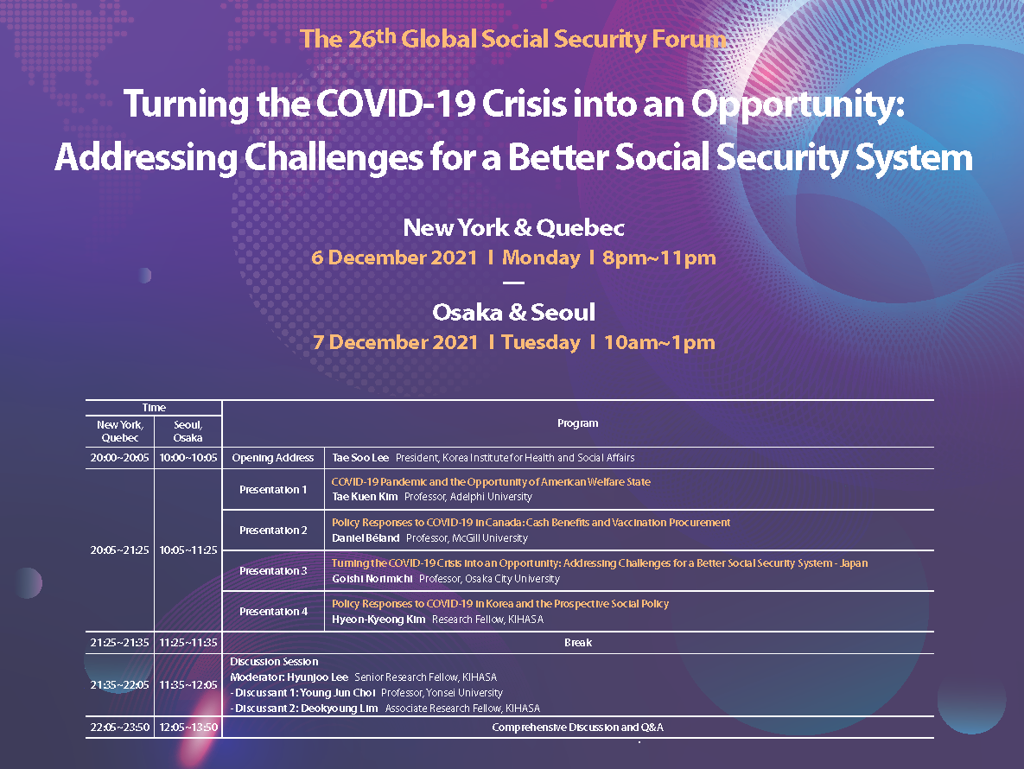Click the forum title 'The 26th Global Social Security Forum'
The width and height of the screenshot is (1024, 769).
pyautogui.click(x=512, y=39)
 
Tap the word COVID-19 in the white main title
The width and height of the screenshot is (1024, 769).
pyautogui.click(x=395, y=104)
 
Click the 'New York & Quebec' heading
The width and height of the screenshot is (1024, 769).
pyautogui.click(x=513, y=228)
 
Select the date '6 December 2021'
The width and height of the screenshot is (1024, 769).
pyautogui.click(x=394, y=257)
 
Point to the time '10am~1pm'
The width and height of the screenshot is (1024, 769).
pyautogui.click(x=659, y=342)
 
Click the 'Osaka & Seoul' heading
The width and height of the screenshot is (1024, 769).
pyautogui.click(x=513, y=312)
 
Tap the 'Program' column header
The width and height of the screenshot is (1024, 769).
pyautogui.click(x=577, y=423)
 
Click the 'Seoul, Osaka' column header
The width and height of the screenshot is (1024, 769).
pyautogui.click(x=188, y=431)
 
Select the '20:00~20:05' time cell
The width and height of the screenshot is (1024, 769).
pyautogui.click(x=119, y=458)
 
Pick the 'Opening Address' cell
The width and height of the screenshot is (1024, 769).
pyautogui.click(x=273, y=458)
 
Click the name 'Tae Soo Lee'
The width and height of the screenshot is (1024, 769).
pyautogui.click(x=359, y=458)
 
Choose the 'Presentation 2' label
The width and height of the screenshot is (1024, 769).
pyautogui.click(x=273, y=530)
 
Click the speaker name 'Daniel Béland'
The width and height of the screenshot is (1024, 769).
pyautogui.click(x=365, y=538)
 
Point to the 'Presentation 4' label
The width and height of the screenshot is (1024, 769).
pyautogui.click(x=273, y=611)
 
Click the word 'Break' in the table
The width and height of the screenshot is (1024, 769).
pyautogui.click(x=578, y=642)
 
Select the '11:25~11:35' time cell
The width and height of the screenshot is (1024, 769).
pyautogui.click(x=188, y=642)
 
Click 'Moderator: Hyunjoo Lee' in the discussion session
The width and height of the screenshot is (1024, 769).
pyautogui.click(x=289, y=677)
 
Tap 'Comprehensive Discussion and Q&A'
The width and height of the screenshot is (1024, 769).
pyautogui.click(x=577, y=728)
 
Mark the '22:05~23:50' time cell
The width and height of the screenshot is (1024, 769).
pyautogui.click(x=119, y=728)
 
